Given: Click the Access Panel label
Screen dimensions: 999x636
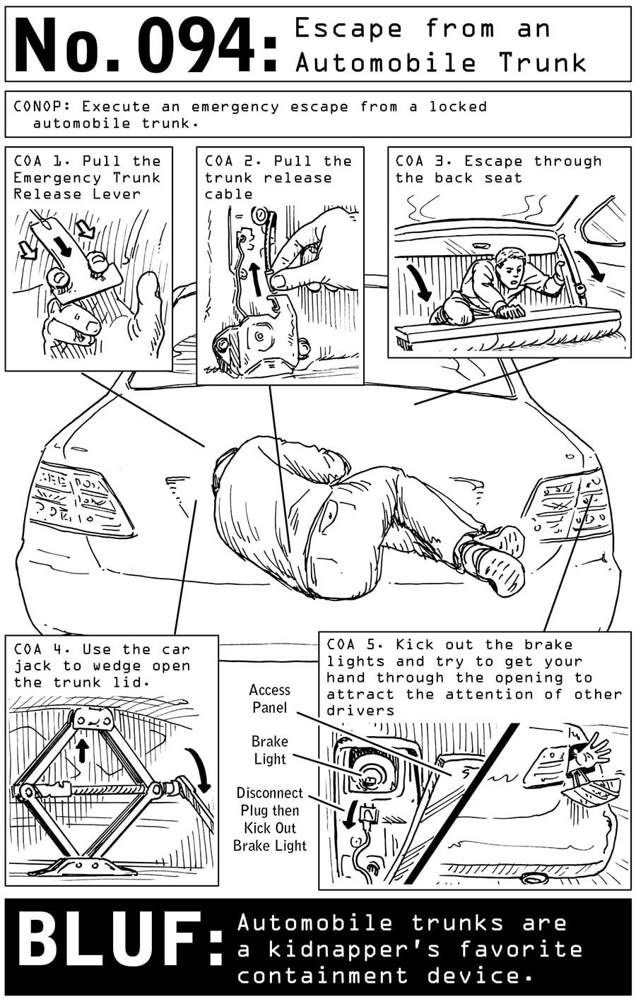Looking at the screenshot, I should pos(269,699).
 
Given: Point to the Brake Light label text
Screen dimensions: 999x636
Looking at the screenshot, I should pos(269,750).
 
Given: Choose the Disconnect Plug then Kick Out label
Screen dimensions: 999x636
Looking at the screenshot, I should pos(269,819).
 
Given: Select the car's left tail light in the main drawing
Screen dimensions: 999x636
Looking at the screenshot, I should pos(78,498).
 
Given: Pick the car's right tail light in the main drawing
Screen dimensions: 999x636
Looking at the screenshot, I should pos(565,502).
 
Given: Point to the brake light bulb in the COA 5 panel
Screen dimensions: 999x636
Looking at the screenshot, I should pos(367,777).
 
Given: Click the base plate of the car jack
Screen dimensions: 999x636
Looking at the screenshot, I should pos(85,865).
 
